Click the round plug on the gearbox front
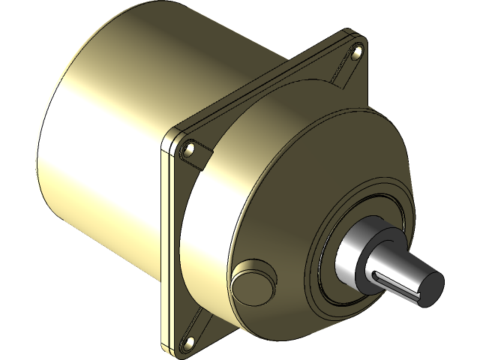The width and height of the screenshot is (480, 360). (250, 283)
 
